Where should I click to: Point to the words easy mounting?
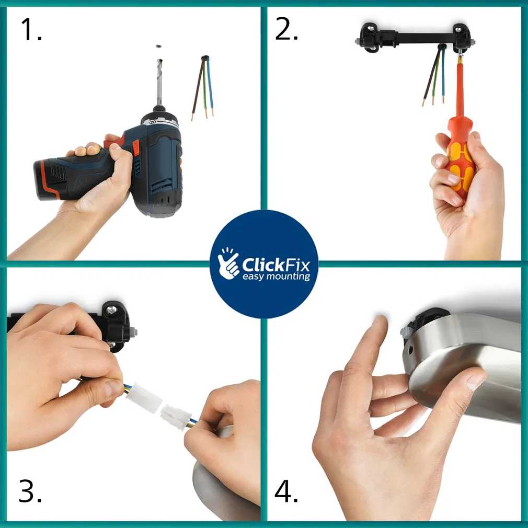[x=276, y=276]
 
